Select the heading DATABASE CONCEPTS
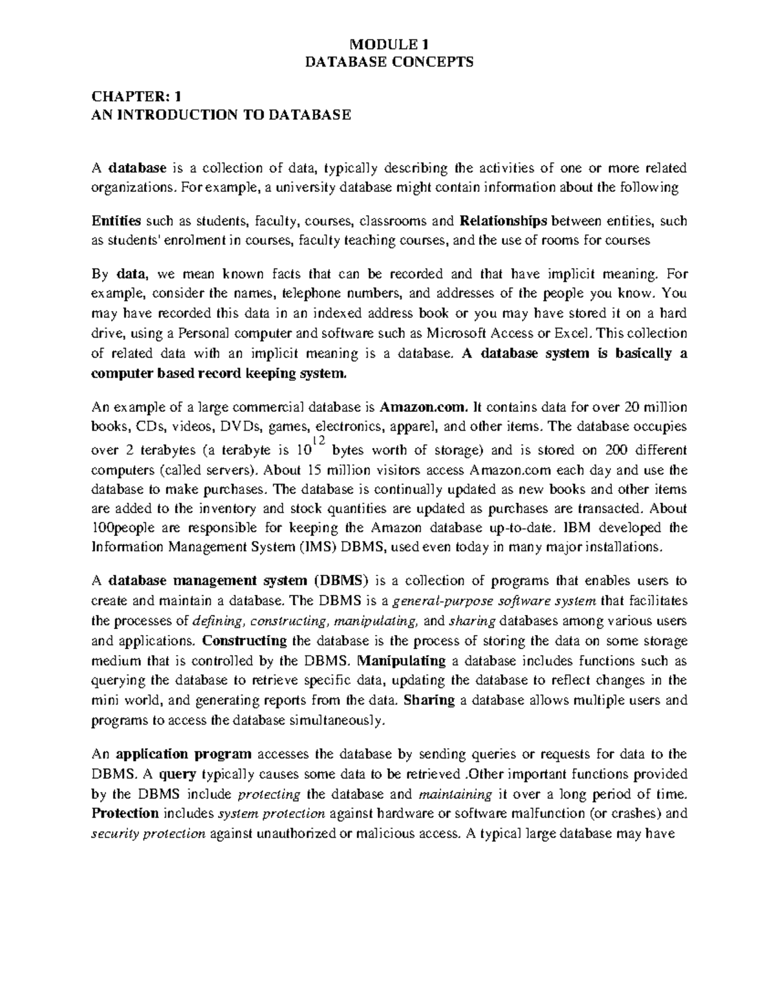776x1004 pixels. click(389, 62)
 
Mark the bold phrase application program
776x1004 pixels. click(183, 754)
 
